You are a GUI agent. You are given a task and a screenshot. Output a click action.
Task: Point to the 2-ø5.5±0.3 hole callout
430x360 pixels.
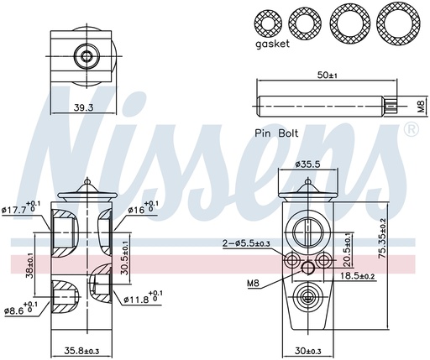[246, 243]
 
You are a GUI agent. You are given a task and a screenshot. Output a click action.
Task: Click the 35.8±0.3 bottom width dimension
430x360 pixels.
[83, 350]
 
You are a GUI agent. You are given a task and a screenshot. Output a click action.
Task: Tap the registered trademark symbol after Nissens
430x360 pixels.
[411, 129]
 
